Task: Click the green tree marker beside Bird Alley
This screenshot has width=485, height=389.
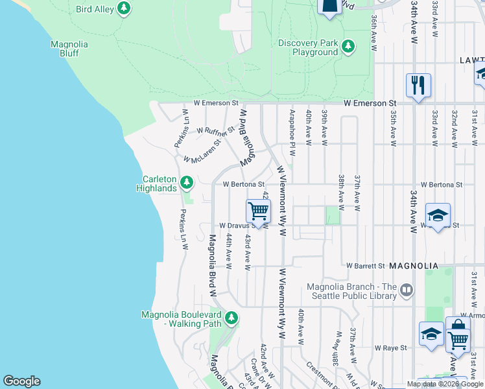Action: [x=123, y=9]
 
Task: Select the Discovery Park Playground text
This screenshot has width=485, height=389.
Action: [x=308, y=47]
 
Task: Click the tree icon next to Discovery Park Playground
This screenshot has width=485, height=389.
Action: [x=348, y=46]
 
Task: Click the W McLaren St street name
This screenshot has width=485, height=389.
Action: [x=202, y=151]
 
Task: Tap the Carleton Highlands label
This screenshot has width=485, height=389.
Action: [x=156, y=183]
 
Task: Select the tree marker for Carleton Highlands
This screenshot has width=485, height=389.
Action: [x=187, y=183]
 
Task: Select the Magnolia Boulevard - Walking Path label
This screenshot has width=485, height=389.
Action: [x=181, y=319]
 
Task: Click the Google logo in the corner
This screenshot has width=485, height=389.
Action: [x=21, y=381]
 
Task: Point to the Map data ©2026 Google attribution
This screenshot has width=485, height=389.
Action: [x=445, y=384]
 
